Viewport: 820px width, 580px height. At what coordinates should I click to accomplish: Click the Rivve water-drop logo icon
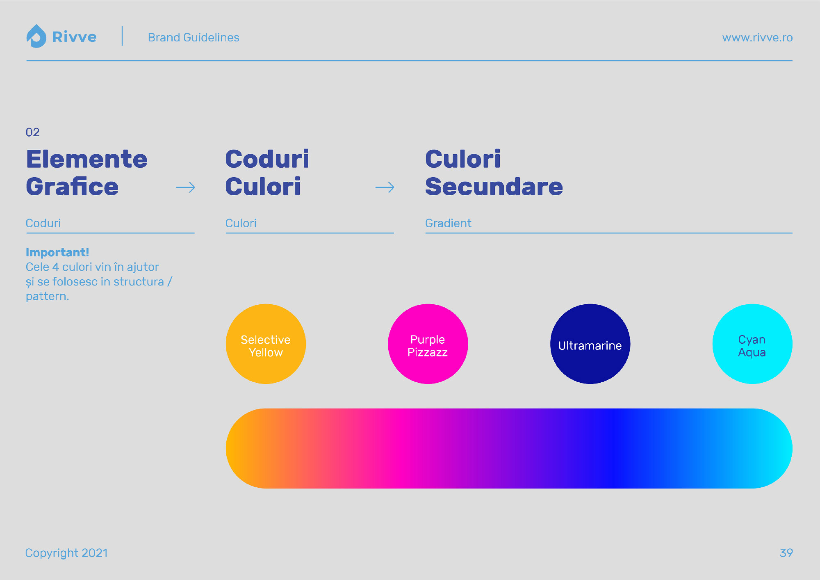(36, 36)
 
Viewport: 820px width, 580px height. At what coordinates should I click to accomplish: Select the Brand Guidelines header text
(194, 37)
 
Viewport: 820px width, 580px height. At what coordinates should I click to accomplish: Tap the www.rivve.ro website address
(757, 37)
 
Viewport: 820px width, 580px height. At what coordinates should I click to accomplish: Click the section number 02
(32, 132)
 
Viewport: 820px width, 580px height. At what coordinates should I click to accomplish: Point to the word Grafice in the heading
(72, 187)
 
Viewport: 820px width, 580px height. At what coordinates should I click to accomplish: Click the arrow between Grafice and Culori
(185, 187)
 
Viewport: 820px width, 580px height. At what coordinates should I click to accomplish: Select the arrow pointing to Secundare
(385, 187)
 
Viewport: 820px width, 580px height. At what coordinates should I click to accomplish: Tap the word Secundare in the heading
(494, 187)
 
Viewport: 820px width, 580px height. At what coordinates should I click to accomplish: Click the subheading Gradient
(448, 223)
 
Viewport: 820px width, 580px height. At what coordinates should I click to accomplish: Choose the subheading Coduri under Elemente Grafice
(43, 223)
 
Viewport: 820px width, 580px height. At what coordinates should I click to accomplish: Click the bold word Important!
(57, 252)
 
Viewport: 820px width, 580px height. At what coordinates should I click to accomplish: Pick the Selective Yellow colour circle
(266, 344)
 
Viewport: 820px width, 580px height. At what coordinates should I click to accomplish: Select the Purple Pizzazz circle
(428, 344)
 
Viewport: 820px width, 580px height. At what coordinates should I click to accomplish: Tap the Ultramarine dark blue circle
(590, 344)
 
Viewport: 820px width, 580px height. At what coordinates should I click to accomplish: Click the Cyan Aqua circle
(752, 344)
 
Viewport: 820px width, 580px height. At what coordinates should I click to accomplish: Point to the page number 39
(786, 553)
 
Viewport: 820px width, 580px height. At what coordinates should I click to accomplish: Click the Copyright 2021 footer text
(66, 553)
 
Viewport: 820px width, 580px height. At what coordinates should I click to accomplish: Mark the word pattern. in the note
(48, 296)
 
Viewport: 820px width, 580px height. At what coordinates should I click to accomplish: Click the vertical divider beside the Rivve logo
(122, 36)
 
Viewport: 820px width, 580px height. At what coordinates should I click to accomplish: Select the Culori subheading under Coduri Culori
(241, 223)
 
